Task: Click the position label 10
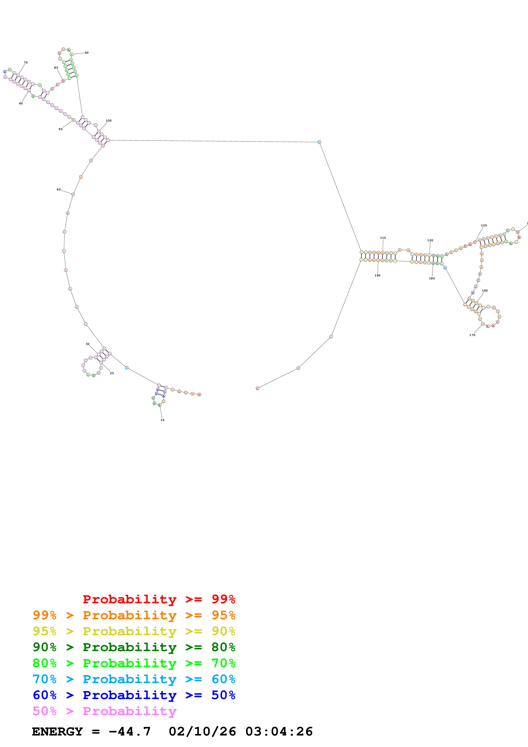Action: coord(162,420)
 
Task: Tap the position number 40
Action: coord(59,189)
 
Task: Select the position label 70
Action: coord(26,62)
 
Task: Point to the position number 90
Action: coord(86,53)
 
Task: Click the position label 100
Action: coord(109,121)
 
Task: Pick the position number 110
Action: coord(383,238)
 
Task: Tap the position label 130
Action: coord(484,226)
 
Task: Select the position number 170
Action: coord(472,335)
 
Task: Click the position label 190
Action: coord(377,276)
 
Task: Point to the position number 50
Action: coord(60,129)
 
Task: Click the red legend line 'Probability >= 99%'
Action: coord(159,599)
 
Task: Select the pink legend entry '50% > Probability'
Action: coord(104,711)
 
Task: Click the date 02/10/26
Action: coord(202,732)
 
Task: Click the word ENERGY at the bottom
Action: coord(57,732)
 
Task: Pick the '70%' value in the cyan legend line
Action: coord(45,679)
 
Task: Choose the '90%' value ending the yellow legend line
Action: coord(223,631)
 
